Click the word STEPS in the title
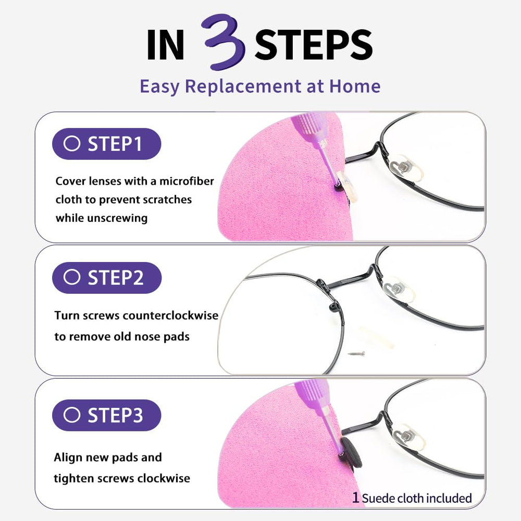tap(314, 46)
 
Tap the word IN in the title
tap(166, 46)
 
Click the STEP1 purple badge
tap(106, 144)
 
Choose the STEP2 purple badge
tap(107, 278)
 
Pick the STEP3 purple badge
tap(106, 415)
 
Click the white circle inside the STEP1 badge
tap(72, 144)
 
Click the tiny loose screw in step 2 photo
tap(358, 354)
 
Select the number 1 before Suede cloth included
tap(356, 498)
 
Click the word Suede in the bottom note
tap(378, 498)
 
